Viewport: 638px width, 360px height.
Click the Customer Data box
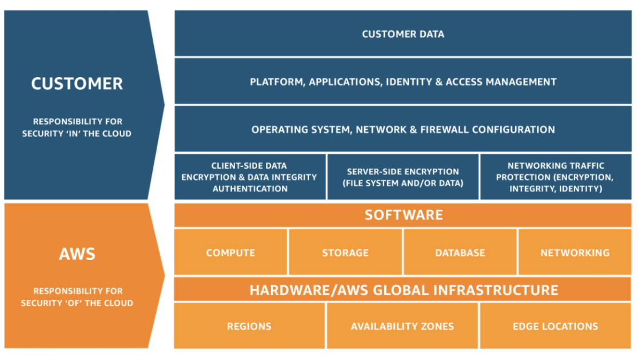403,34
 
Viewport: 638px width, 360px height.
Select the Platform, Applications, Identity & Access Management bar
403,82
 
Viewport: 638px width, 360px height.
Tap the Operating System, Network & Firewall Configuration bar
403,130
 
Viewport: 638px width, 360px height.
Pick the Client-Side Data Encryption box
250,177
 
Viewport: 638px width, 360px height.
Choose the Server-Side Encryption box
403,177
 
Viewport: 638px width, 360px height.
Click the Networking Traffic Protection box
556,177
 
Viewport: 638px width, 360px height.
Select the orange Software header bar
403,215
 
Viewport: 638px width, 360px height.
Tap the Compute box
230,253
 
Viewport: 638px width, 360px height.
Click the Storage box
345,253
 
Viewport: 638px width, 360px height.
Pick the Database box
460,253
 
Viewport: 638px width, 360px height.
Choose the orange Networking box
575,253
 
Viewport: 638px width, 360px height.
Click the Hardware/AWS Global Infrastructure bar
403,290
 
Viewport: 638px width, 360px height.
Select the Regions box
249,326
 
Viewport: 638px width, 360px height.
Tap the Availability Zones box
402,326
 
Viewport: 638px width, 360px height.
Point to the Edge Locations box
555,326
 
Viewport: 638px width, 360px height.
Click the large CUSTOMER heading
77,83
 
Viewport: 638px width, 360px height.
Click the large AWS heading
77,254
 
